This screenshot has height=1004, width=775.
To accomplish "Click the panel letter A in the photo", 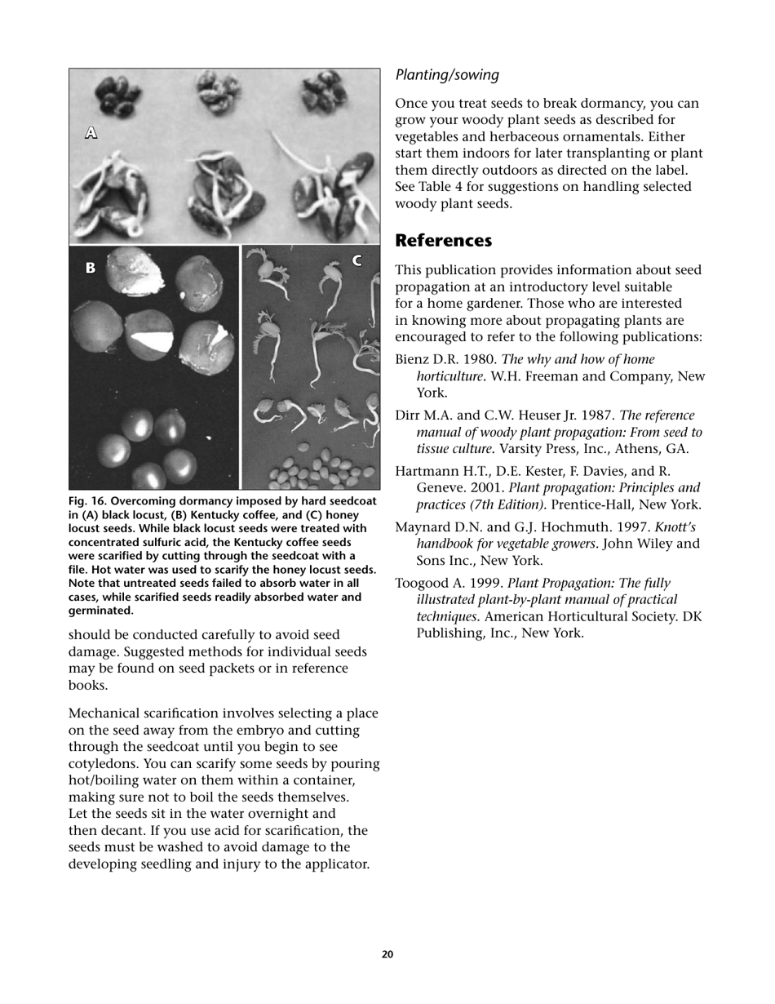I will pos(91,132).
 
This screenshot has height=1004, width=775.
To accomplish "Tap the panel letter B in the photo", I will pos(91,267).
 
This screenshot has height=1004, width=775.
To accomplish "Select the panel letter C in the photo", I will pos(356,260).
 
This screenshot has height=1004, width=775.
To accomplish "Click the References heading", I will pos(443,241).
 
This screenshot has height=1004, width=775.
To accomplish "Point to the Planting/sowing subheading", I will pos(447,75).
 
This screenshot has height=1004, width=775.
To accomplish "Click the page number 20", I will pos(387,954).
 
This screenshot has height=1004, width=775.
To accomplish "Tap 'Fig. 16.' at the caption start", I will pos(88,501).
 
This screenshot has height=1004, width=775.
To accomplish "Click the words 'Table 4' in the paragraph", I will pos(440,187).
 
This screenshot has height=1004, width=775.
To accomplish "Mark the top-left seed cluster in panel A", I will pos(119,96).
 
